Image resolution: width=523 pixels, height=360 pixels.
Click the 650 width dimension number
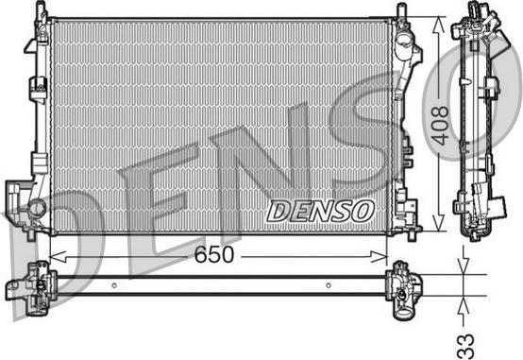click(214, 254)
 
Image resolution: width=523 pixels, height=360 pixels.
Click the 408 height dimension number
click(440, 126)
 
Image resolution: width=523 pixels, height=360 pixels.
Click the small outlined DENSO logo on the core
click(321, 211)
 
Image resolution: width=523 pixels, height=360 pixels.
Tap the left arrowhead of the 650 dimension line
click(58, 257)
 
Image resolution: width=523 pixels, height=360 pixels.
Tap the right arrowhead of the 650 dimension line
click(380, 257)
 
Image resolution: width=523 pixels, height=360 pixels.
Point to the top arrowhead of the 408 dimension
click(438, 25)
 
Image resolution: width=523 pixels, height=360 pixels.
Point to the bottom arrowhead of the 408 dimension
click(438, 223)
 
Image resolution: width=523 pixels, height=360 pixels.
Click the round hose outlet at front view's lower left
click(37, 209)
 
